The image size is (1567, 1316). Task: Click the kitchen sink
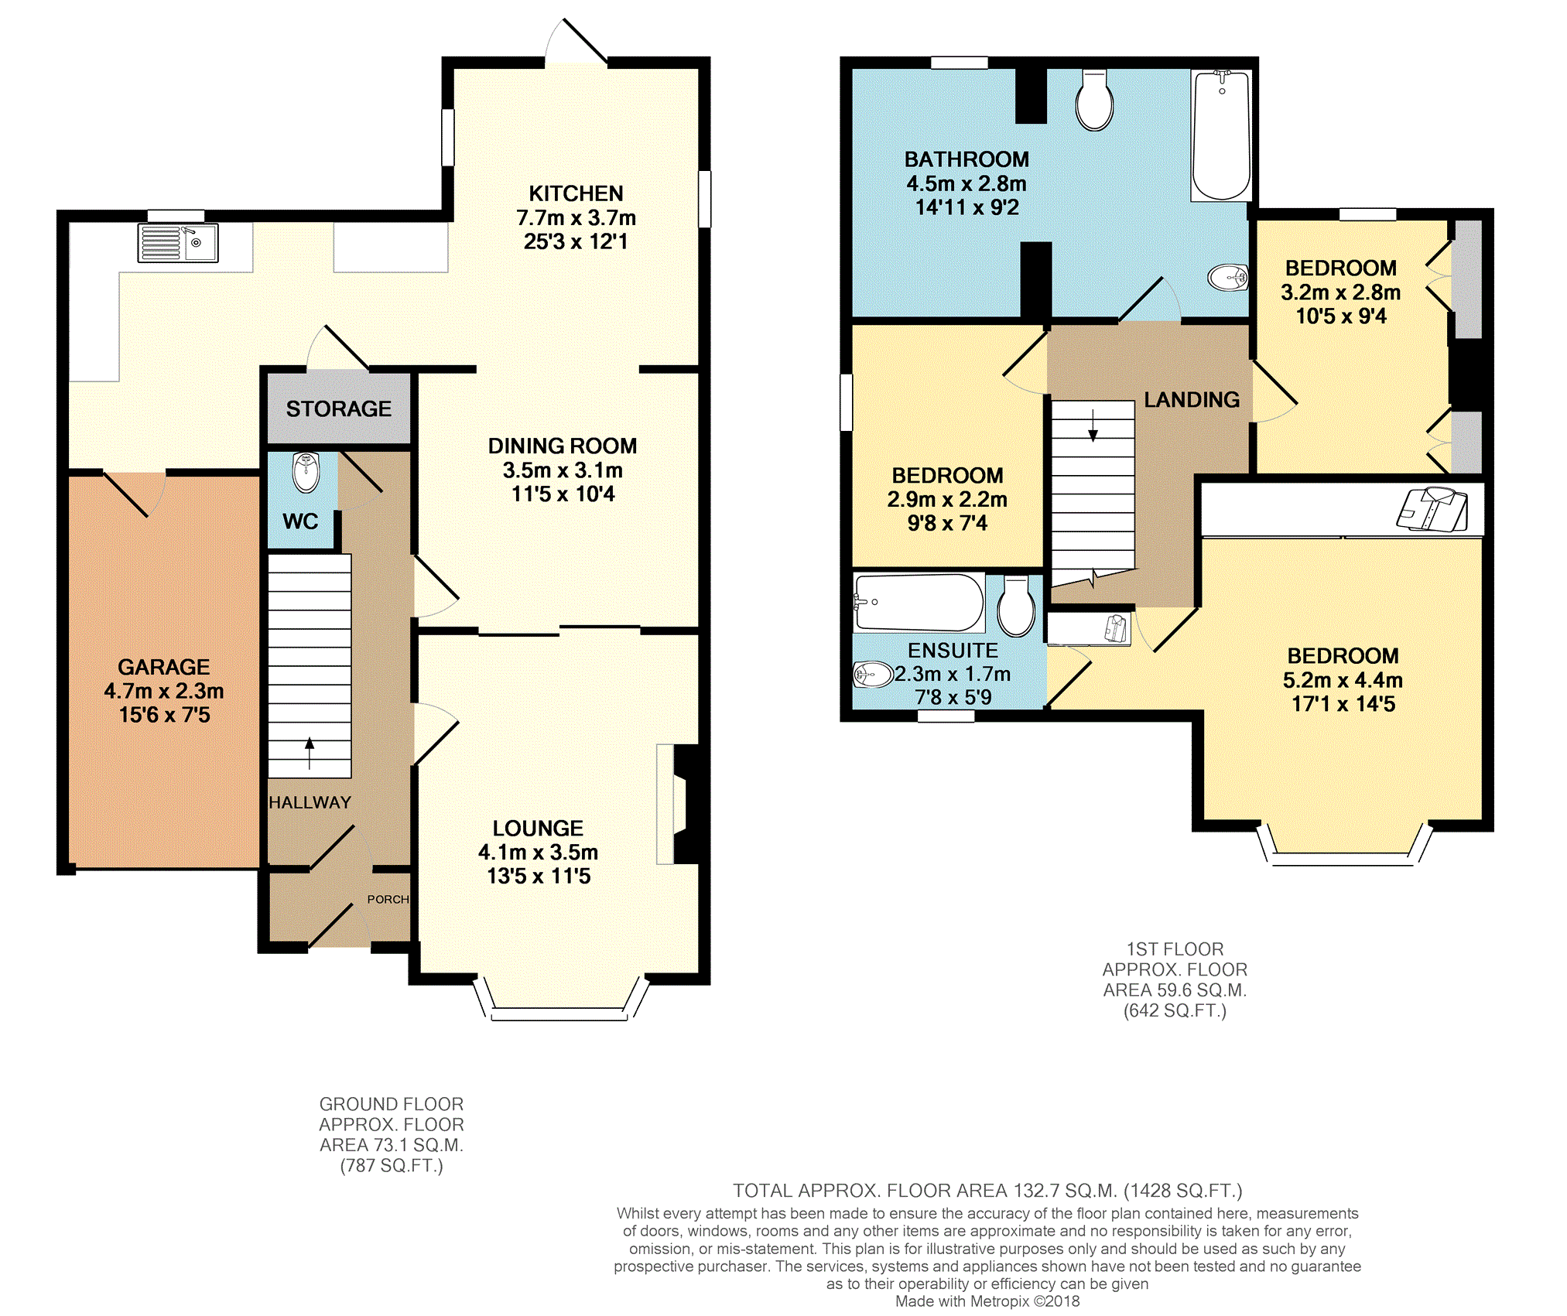[x=178, y=243]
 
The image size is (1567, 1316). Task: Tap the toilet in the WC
[x=306, y=472]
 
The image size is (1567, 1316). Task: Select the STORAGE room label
[x=339, y=408]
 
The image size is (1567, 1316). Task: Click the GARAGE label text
[x=164, y=667]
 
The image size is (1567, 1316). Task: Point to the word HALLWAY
[x=310, y=802]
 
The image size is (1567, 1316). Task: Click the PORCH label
[x=388, y=899]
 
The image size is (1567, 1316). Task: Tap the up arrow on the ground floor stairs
[x=310, y=754]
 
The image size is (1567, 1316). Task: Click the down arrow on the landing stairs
[x=1093, y=426]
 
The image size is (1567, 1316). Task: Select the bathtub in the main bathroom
[x=1221, y=135]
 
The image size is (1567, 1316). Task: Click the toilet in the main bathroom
[x=1094, y=101]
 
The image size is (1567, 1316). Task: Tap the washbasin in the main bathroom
[x=1228, y=277]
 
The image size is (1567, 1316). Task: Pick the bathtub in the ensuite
[x=919, y=603]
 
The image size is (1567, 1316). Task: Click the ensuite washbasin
[x=873, y=675]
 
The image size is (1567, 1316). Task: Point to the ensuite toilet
[x=1016, y=606]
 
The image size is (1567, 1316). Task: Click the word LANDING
[x=1192, y=399]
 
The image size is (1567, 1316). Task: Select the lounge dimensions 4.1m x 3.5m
[x=539, y=852]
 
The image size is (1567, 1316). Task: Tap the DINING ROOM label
[x=563, y=446]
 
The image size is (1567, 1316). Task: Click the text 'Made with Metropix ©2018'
[x=987, y=1301]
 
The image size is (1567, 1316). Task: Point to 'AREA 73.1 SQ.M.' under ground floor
[x=392, y=1145]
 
